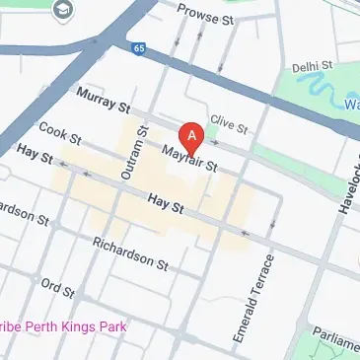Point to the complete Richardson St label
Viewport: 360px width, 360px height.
point(130,252)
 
